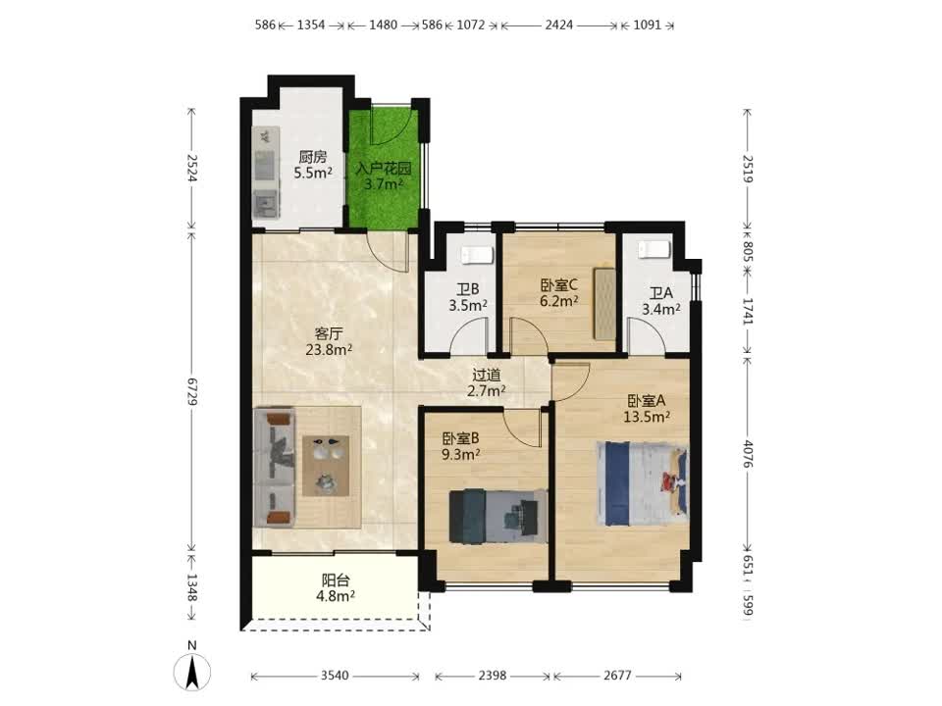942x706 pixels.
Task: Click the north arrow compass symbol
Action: (x=191, y=671)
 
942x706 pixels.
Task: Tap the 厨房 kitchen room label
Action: (x=313, y=157)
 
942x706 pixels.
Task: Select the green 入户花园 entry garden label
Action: (x=383, y=168)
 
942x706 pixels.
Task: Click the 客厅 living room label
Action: (x=329, y=333)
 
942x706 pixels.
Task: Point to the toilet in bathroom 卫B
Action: (x=478, y=255)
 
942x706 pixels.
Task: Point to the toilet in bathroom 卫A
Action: (x=654, y=249)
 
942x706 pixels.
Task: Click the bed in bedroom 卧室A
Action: (x=642, y=483)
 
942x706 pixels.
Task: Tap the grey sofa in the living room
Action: (x=275, y=468)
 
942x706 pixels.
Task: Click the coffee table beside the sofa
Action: (x=326, y=466)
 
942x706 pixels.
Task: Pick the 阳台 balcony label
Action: (x=336, y=580)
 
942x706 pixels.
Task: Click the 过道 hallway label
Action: (x=486, y=376)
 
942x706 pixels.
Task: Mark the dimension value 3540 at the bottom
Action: (x=334, y=676)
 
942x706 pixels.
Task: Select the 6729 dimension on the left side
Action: (x=192, y=391)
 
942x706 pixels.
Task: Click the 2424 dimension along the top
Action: (x=558, y=25)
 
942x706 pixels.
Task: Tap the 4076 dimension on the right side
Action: (x=748, y=454)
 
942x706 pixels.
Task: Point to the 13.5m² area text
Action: (x=647, y=417)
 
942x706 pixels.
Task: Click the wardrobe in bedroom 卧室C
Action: (x=604, y=303)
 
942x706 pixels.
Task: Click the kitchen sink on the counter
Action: (x=266, y=204)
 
